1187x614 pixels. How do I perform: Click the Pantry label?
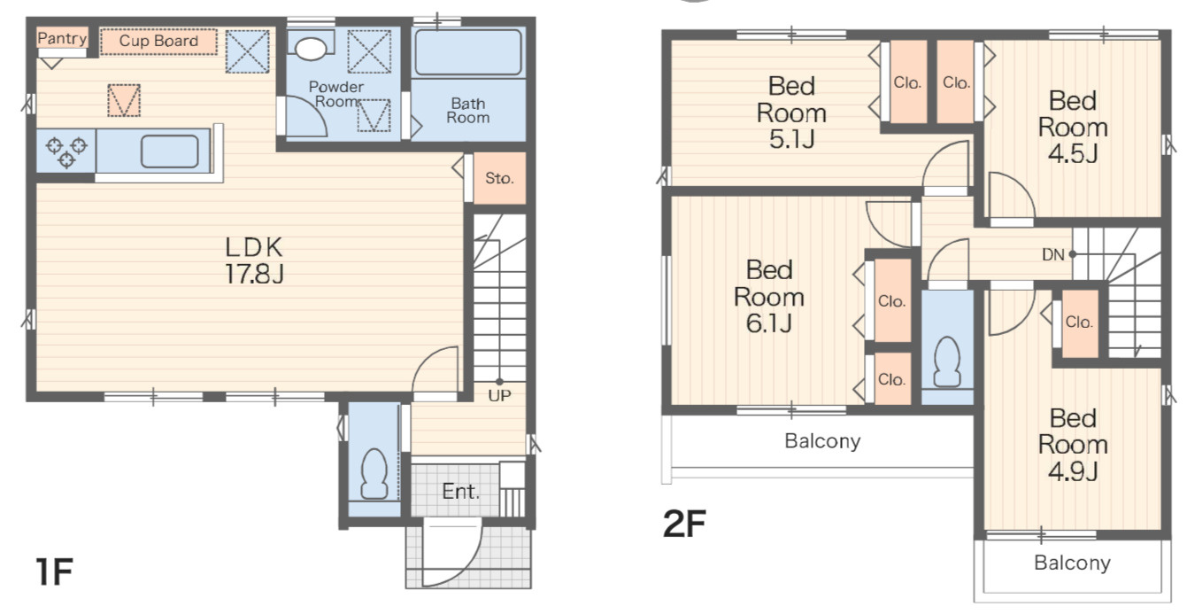[62, 38]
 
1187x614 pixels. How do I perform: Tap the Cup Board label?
[158, 41]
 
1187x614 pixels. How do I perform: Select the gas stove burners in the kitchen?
[66, 152]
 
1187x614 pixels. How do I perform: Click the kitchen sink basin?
[170, 152]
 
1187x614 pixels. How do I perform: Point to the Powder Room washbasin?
[311, 49]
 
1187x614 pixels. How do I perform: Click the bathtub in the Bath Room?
[468, 52]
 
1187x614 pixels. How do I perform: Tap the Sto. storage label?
[499, 178]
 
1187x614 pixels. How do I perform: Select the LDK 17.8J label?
[254, 260]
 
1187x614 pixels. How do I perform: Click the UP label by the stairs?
[499, 395]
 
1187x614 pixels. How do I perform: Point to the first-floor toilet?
[374, 474]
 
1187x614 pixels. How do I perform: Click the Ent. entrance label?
[460, 492]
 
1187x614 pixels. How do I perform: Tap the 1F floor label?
[54, 571]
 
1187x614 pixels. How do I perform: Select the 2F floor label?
[684, 524]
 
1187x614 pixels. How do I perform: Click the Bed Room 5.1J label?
[791, 113]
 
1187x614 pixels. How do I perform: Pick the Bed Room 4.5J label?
[1073, 128]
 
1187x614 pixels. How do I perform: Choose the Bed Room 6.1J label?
[769, 297]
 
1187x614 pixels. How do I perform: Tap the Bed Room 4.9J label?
[1073, 444]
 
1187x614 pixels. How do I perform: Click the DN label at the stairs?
[1053, 255]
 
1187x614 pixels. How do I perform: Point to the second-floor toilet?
[947, 362]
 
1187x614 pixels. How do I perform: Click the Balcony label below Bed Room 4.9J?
[1072, 563]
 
